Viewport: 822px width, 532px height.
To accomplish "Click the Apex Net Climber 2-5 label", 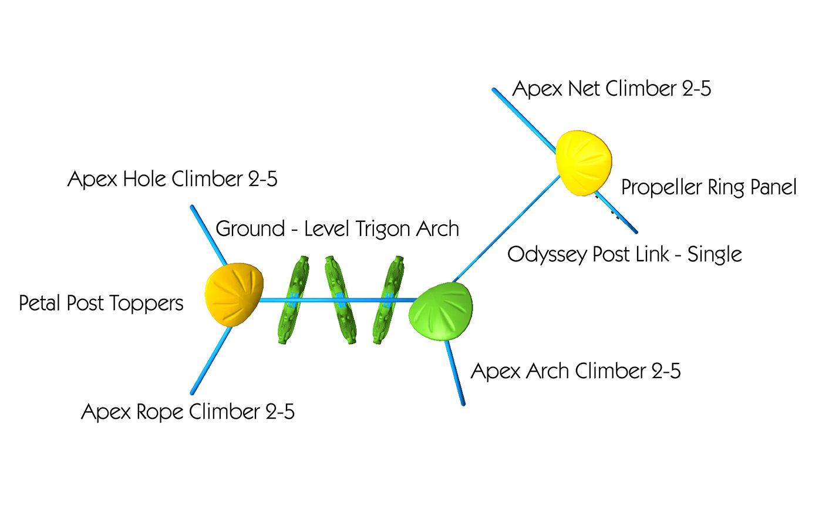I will pos(611,89).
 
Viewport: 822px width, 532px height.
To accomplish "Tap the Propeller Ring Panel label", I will pos(709,187).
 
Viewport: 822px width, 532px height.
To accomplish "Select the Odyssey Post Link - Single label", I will pos(624,254).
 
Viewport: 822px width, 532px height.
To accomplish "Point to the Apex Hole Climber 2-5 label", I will pos(172,179).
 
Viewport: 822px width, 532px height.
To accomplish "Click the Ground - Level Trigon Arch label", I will pos(337,228).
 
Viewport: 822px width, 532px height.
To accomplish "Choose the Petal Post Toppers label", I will pos(101,303).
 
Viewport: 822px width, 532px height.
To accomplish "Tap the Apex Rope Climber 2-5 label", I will pos(187,411).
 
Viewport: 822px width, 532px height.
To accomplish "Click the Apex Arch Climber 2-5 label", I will pos(575,371).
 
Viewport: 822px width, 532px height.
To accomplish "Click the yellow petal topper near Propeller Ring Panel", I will pos(583,163).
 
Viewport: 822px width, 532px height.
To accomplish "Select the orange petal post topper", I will pos(234,294).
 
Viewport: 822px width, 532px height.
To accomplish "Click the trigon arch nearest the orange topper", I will pos(292,299).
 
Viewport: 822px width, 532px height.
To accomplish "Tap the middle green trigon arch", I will pos(341,299).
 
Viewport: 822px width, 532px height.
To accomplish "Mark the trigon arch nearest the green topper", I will pos(388,299).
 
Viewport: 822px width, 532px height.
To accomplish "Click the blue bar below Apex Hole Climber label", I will pos(208,235).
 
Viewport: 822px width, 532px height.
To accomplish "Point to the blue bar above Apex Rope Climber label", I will pos(210,361).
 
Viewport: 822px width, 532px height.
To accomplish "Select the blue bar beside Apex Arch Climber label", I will pos(455,373).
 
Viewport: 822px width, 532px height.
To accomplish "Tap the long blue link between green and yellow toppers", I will pos(505,229).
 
